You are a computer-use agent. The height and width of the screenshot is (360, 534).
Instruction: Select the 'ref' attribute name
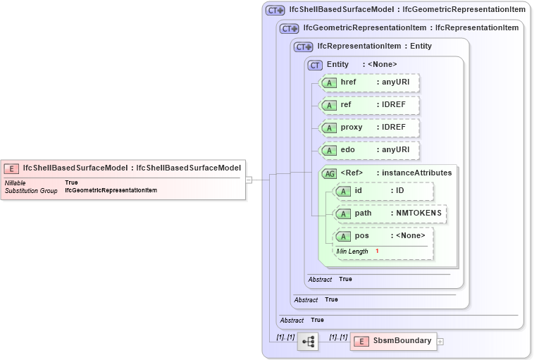pos(346,105)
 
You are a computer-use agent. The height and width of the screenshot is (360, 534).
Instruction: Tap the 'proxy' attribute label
pos(351,128)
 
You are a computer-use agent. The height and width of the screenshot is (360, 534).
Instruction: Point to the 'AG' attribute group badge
pos(329,173)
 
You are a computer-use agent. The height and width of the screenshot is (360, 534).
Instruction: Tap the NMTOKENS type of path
pos(419,213)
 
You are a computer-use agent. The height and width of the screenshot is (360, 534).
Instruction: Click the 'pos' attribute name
pos(361,236)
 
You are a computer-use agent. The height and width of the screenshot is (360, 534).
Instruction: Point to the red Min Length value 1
pos(377,252)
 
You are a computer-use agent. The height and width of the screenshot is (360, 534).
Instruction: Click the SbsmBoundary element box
pos(393,341)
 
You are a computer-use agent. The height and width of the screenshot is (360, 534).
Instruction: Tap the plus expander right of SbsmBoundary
pos(440,342)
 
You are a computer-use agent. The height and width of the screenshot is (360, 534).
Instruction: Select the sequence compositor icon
pos(308,342)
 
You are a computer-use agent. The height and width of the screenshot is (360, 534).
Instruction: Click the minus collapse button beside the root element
pos(249,180)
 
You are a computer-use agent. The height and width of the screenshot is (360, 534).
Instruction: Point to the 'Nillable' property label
pos(15,182)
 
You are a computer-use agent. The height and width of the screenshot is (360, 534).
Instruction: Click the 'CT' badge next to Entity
pos(315,65)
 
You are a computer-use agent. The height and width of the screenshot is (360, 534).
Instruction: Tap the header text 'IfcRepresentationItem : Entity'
pos(374,46)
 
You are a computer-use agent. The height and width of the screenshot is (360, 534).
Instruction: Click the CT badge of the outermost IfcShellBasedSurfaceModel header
pos(275,10)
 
